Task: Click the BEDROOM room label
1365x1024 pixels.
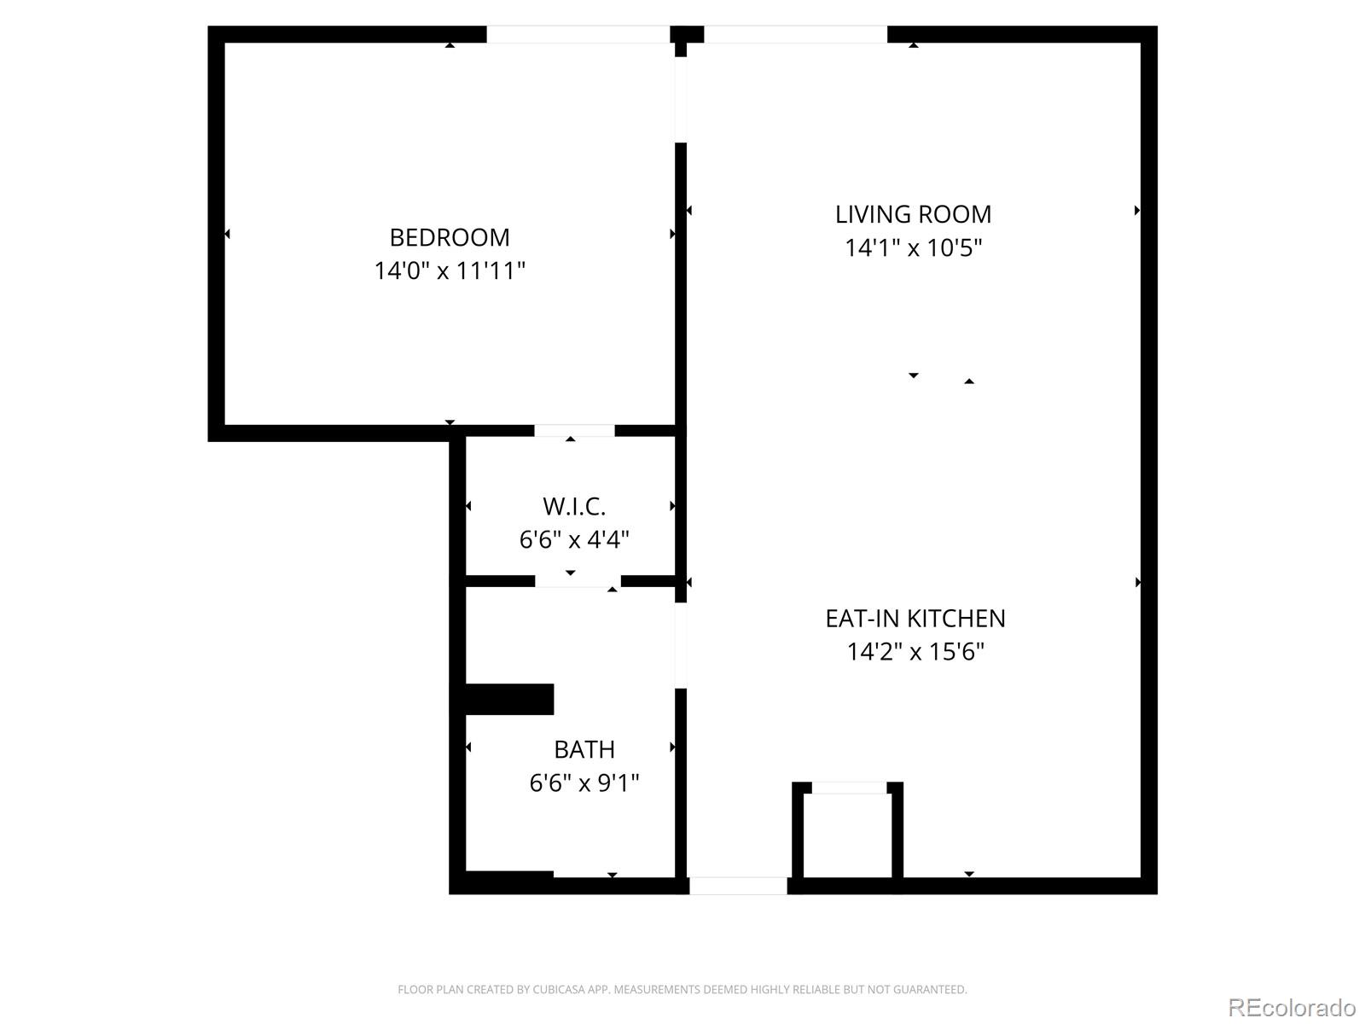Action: [450, 237]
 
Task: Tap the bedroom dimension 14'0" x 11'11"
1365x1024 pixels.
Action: [450, 271]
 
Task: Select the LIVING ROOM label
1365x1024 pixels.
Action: [913, 214]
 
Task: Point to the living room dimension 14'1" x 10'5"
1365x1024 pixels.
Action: [913, 248]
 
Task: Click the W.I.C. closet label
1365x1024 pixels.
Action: [574, 507]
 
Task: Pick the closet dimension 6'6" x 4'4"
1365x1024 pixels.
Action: [574, 540]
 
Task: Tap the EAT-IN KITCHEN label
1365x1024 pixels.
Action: [915, 619]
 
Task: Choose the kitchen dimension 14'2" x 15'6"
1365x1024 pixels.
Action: [915, 653]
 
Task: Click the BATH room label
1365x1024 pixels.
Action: [584, 749]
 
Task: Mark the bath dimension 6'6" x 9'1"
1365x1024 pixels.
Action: [584, 783]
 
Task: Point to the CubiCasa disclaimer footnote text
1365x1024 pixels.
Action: [682, 990]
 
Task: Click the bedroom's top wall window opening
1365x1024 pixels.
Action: [578, 34]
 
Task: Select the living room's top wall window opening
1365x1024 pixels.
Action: [795, 34]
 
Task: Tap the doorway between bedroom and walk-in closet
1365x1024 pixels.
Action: [574, 431]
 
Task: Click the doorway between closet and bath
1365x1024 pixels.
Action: [578, 581]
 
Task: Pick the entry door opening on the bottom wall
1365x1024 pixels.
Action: [738, 886]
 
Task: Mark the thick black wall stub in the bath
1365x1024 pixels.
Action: [508, 699]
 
